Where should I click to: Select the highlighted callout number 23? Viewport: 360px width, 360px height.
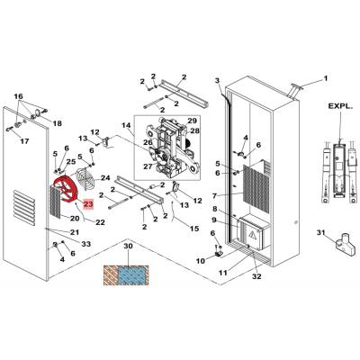[88, 204]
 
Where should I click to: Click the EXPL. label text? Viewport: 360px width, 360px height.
[340, 106]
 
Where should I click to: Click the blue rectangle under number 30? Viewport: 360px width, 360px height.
[133, 274]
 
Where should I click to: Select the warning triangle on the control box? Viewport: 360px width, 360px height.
[254, 236]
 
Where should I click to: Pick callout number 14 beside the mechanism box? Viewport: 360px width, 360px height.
[126, 125]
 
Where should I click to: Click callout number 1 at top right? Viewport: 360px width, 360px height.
[325, 78]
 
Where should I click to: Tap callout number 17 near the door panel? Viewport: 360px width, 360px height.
[24, 140]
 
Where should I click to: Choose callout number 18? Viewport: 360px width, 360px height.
[57, 123]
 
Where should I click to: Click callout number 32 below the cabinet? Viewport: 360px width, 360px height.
[256, 276]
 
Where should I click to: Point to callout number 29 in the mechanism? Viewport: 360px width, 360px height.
[192, 121]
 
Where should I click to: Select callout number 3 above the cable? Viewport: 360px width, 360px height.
[218, 80]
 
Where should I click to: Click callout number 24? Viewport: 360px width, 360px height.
[105, 178]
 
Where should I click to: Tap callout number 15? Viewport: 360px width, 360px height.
[194, 229]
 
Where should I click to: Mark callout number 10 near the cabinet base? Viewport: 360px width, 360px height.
[201, 261]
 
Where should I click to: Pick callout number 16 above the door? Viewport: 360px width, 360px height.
[18, 96]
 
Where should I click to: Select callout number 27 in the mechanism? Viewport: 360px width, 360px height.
[148, 166]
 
